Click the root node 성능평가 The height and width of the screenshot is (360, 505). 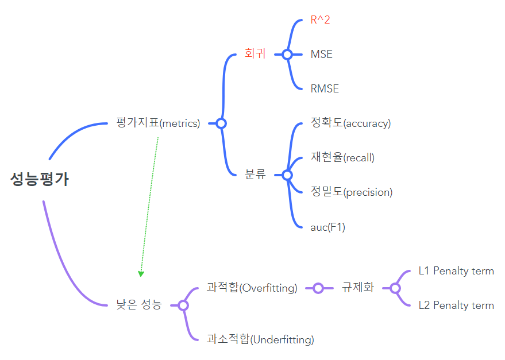point(39,180)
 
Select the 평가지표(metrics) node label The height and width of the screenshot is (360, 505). point(157,123)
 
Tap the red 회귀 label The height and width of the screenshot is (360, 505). point(255,55)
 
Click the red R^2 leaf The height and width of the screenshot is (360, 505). point(320,20)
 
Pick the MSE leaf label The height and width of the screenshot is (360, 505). point(321,55)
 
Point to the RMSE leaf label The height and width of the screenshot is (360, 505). point(325,89)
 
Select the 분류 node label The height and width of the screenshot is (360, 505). point(255,175)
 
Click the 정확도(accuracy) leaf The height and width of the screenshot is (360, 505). point(350,123)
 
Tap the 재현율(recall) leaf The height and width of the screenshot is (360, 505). point(342,157)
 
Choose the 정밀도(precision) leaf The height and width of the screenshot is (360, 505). point(351,192)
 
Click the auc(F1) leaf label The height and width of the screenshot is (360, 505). point(327,227)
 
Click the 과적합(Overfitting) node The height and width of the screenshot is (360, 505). point(252,288)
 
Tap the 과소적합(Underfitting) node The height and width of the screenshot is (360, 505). point(260,339)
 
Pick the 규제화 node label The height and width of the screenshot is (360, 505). point(357,288)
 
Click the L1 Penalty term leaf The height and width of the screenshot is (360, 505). point(456,270)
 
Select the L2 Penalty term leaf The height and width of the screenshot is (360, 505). point(456,305)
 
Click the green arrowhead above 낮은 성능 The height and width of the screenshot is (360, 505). point(141,273)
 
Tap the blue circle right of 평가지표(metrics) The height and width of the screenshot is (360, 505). point(221,123)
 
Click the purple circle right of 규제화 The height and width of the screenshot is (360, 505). point(395,288)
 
